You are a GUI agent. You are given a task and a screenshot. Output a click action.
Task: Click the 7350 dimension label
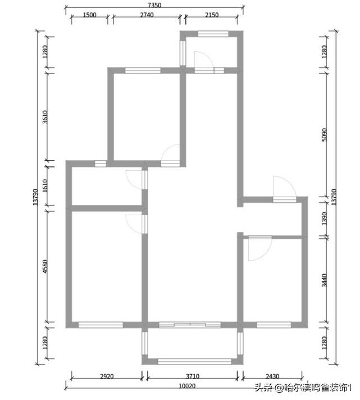[x=154, y=5]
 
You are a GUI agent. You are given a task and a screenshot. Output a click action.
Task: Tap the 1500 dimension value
[x=89, y=15]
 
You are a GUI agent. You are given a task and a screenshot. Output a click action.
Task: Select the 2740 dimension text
[x=147, y=15]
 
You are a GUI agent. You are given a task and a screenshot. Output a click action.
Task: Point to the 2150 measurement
[x=212, y=15]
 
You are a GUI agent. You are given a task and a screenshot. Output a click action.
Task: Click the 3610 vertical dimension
[x=45, y=117]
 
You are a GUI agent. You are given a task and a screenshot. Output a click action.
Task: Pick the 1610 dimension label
[x=45, y=186]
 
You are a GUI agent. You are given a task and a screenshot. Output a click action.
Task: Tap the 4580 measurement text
[x=45, y=266]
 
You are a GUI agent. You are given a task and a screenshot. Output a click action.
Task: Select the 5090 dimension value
[x=324, y=134]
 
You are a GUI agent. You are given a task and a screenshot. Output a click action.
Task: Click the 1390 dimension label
[x=324, y=219]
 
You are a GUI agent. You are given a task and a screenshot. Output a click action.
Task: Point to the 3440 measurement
[x=324, y=280]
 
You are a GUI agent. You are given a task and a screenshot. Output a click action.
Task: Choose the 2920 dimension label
[x=107, y=376]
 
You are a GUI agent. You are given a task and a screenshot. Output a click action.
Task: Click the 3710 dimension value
[x=193, y=376]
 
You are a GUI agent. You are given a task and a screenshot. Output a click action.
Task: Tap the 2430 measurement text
[x=272, y=376]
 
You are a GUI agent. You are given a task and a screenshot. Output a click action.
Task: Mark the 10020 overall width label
[x=187, y=386]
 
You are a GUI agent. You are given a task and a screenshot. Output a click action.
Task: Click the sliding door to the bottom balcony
[x=190, y=325]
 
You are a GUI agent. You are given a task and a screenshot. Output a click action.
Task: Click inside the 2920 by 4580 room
[x=107, y=267]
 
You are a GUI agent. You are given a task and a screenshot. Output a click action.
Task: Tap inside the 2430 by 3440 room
[x=272, y=280]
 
